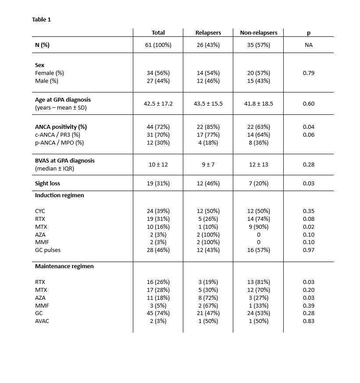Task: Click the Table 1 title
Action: (42, 20)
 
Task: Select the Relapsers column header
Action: (208, 32)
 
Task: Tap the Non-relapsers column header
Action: (258, 32)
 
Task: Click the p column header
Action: (308, 32)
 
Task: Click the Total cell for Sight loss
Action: (158, 183)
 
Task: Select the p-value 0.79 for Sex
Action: (308, 73)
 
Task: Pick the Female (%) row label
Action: (50, 73)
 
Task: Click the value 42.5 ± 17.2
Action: (158, 103)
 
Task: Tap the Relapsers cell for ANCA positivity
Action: (208, 127)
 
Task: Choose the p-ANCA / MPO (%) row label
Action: (59, 142)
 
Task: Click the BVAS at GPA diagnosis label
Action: (64, 160)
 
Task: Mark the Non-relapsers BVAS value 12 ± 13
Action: (258, 164)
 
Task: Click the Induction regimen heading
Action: (59, 195)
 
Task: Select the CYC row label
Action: (40, 211)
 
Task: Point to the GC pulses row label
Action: (48, 250)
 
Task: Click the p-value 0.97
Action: (308, 250)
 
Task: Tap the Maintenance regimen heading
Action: (64, 266)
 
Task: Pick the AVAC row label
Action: (41, 321)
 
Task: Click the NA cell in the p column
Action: (308, 45)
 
